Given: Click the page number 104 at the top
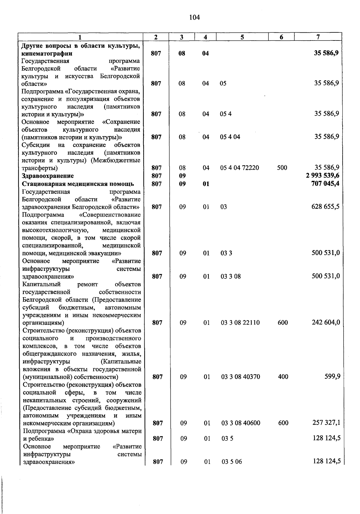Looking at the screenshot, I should click(194, 17).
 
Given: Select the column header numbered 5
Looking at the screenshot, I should click(242, 37).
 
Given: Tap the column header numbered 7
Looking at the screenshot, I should click(318, 37).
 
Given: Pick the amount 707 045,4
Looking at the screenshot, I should click(325, 184).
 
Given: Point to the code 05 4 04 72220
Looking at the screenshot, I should click(239, 168).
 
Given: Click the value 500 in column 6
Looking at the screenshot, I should click(282, 168).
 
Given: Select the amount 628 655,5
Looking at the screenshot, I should click(325, 207).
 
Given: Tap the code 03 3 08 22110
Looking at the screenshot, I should click(240, 323).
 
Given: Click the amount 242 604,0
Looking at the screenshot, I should click(326, 322).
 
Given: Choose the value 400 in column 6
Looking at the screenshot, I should click(283, 377).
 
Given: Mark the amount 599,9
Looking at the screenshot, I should click(332, 376).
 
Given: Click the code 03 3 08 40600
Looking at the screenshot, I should click(241, 423).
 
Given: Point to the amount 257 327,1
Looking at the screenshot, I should click(326, 423).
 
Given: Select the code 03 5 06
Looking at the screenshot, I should click(232, 462).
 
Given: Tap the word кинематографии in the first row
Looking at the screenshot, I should click(47, 54).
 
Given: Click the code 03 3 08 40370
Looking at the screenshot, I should click(241, 377).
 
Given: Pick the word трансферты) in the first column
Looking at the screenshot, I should click(40, 168).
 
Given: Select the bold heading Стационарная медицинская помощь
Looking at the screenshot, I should click(78, 184).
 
